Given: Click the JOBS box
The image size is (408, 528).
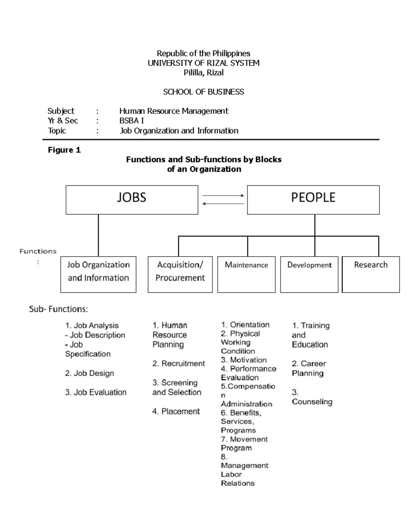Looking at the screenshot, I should tap(132, 200).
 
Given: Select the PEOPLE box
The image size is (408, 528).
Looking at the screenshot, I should tap(313, 200).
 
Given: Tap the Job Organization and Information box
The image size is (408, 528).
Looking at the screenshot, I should tap(98, 274).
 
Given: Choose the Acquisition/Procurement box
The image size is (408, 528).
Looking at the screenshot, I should tap(180, 274).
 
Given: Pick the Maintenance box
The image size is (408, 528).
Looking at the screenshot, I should tap(247, 274).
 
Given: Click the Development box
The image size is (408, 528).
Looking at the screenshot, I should tap(309, 274).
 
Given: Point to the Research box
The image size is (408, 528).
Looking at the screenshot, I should tap(371, 274).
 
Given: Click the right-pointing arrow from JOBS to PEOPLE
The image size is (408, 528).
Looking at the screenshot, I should tap(223, 195).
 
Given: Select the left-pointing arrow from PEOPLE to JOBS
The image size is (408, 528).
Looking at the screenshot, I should tap(223, 204).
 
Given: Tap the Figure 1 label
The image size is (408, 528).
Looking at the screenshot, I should tap(64, 150).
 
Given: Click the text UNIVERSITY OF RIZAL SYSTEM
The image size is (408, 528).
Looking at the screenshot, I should tap(203, 63).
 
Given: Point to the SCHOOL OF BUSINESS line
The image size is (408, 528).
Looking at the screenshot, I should tap(203, 92).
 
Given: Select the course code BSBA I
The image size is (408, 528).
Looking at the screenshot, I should tap(132, 121).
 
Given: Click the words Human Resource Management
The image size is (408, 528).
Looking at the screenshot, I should tap(174, 111).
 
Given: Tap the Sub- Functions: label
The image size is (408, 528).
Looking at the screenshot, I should tap(58, 309).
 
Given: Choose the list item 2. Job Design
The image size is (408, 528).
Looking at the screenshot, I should tap(89, 373).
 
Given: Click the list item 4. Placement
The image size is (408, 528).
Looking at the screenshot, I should tap(176, 411).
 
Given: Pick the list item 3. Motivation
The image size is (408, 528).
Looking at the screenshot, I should tap(244, 360).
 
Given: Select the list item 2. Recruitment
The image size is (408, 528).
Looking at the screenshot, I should tap(178, 363).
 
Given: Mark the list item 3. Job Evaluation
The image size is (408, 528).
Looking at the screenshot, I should tap(96, 392).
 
